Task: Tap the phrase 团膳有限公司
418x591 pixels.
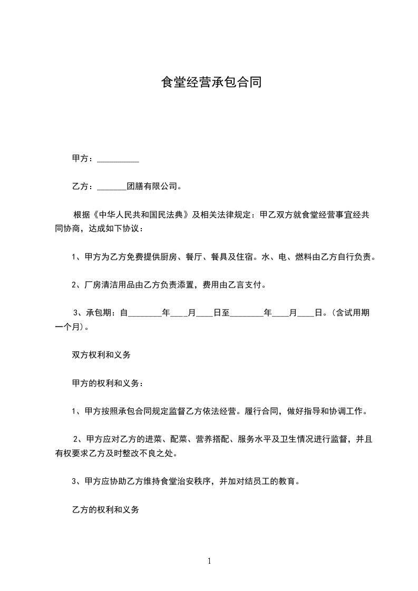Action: pyautogui.click(x=153, y=186)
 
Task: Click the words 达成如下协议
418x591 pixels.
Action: pyautogui.click(x=112, y=229)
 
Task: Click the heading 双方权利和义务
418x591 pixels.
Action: pyautogui.click(x=101, y=355)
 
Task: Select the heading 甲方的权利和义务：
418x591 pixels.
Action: pyautogui.click(x=107, y=383)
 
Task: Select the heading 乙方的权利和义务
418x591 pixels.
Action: pyautogui.click(x=105, y=509)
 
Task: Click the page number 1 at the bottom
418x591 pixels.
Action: pyautogui.click(x=209, y=561)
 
